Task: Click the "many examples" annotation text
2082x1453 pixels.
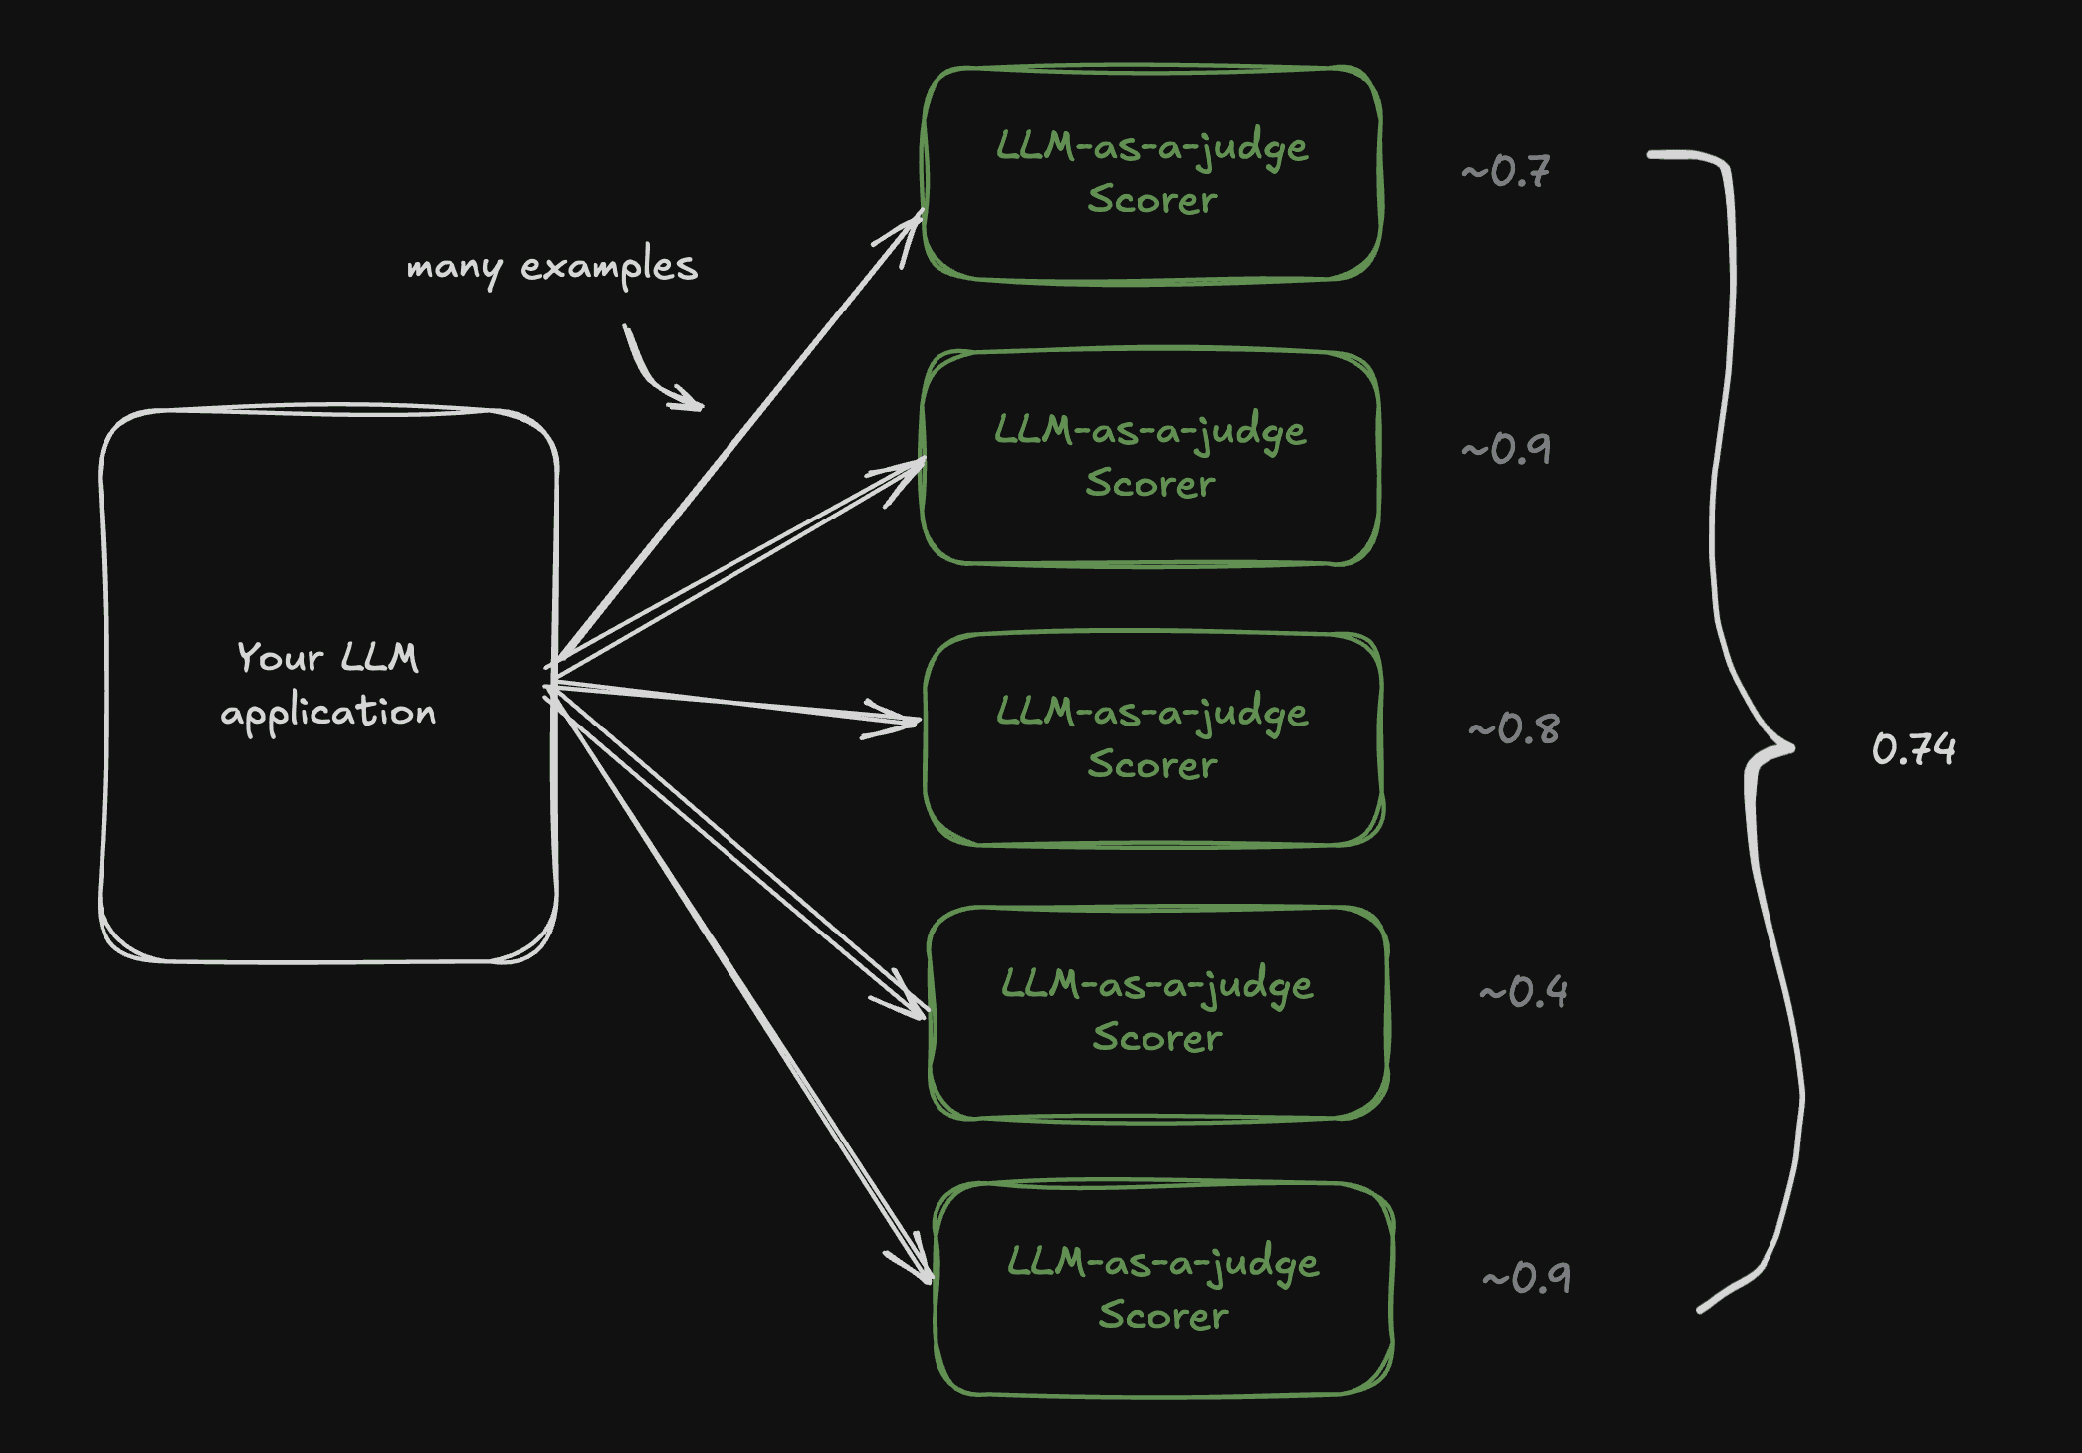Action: click(551, 267)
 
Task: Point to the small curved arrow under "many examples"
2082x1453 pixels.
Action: click(653, 374)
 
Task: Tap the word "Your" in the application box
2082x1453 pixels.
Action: click(280, 658)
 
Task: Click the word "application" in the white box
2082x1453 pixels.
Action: click(328, 713)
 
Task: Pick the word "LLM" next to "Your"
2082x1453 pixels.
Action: click(379, 658)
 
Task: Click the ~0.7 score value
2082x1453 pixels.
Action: click(1506, 171)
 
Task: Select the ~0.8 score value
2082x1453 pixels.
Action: click(1514, 729)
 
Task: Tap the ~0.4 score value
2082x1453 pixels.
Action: click(1524, 992)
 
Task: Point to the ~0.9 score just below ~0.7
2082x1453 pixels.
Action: click(1506, 449)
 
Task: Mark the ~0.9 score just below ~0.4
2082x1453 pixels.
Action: click(1527, 1278)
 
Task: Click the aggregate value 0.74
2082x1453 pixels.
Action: click(1913, 749)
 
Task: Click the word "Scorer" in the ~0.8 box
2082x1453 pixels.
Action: click(1152, 765)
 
